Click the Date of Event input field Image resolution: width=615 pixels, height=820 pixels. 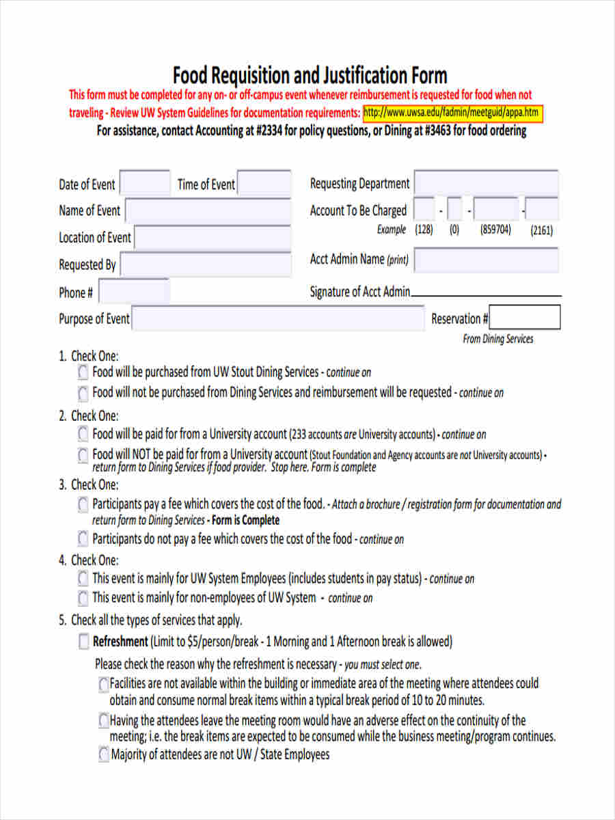point(145,184)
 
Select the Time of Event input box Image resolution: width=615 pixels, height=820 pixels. point(264,184)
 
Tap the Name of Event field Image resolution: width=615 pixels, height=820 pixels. point(208,210)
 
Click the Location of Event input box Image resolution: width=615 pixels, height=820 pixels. point(213,238)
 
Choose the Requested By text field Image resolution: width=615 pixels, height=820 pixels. point(206,264)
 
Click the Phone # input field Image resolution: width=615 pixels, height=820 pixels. point(134,292)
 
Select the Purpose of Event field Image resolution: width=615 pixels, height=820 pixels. point(277,318)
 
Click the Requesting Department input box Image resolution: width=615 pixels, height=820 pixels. point(486,183)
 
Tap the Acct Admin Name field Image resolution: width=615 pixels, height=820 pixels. point(486,260)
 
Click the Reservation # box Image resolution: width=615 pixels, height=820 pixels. point(525,318)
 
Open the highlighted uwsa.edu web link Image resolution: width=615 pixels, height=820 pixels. point(452,113)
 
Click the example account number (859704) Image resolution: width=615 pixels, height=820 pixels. point(495,230)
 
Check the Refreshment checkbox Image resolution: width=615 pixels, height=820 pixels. point(83,642)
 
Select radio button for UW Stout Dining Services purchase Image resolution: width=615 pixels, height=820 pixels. point(83,372)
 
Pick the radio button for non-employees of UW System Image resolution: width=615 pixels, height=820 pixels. point(83,598)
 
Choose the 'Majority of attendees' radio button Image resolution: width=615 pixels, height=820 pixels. point(103,754)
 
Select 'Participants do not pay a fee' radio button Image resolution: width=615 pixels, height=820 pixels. point(83,538)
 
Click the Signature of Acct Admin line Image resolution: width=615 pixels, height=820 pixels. point(486,294)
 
